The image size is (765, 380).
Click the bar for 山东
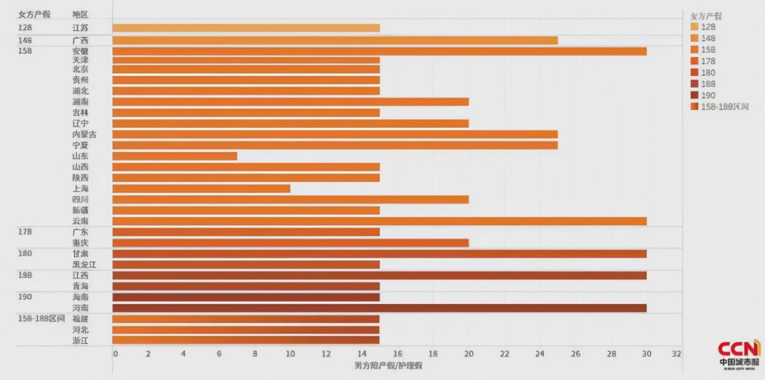tap(175, 156)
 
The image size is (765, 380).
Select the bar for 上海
tap(201, 188)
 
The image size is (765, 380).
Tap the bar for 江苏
tap(246, 28)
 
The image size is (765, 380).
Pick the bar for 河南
tap(379, 308)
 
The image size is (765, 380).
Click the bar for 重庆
tap(290, 243)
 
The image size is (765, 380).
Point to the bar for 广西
tap(335, 40)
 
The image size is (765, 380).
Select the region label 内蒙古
tap(83, 134)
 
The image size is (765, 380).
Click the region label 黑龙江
tap(83, 264)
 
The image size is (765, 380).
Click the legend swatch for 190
tap(694, 95)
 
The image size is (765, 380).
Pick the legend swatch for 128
tap(694, 27)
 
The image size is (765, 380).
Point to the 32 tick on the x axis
tap(676, 353)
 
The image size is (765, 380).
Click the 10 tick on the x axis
tap(290, 353)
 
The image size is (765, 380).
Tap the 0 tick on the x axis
tap(115, 353)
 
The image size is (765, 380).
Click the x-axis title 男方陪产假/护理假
tap(388, 364)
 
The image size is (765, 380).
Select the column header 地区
tap(80, 13)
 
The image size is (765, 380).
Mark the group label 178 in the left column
tap(25, 232)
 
